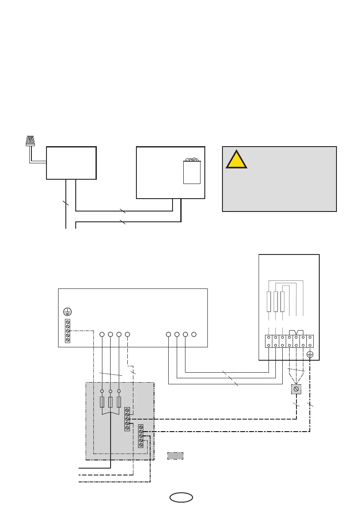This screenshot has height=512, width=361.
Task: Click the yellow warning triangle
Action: pyautogui.click(x=236, y=159)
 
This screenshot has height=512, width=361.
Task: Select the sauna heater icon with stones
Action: pyautogui.click(x=192, y=171)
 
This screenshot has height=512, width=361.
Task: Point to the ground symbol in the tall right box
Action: pyautogui.click(x=309, y=355)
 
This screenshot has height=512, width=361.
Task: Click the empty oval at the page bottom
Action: pyautogui.click(x=181, y=497)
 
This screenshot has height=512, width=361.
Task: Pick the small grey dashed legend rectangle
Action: pyautogui.click(x=175, y=455)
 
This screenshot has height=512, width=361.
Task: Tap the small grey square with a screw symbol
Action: pyautogui.click(x=296, y=389)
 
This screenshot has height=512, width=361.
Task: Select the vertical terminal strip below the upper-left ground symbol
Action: pyautogui.click(x=67, y=331)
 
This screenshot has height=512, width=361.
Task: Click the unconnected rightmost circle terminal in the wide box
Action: pyautogui.click(x=194, y=334)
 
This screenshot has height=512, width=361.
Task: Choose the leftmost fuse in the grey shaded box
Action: pyautogui.click(x=102, y=402)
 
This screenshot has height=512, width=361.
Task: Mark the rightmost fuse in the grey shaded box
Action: pyautogui.click(x=119, y=402)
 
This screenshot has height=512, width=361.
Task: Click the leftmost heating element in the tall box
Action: pyautogui.click(x=269, y=301)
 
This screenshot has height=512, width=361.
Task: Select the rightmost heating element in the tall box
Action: pyautogui.click(x=282, y=301)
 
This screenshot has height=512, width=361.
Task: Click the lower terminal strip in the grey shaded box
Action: pyautogui.click(x=141, y=436)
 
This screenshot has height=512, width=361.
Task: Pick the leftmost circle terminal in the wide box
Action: pyautogui.click(x=102, y=334)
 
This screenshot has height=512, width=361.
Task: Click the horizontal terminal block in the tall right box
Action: pyautogui.click(x=289, y=341)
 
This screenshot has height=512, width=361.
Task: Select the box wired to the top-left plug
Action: pyautogui.click(x=71, y=162)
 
